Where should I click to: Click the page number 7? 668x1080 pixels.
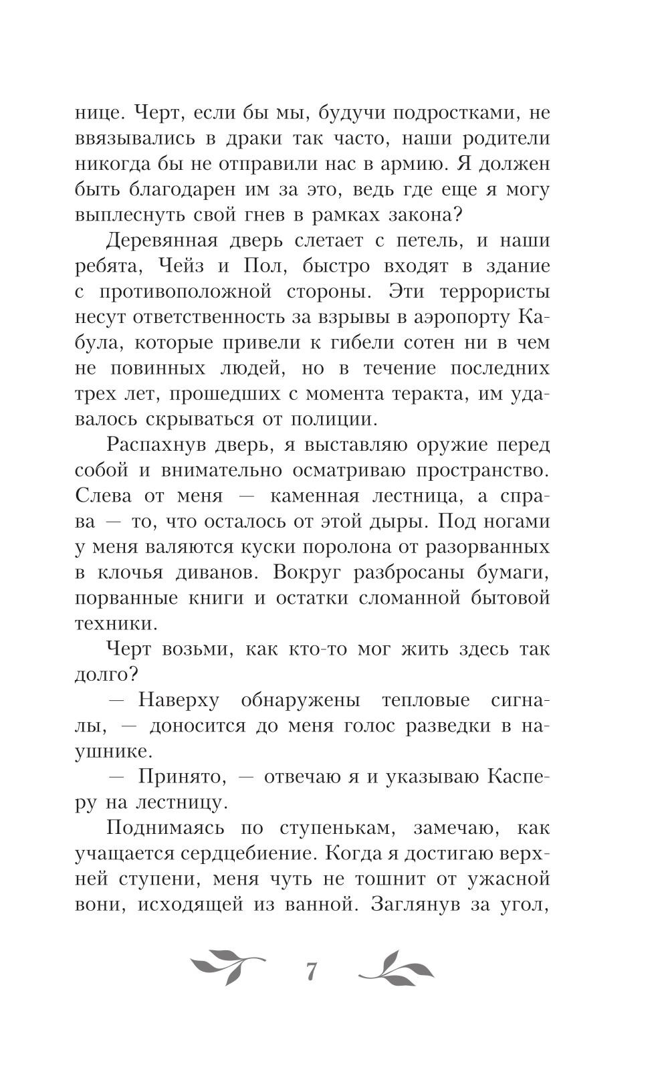(311, 971)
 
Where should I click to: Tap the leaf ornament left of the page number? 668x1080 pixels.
(227, 967)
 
